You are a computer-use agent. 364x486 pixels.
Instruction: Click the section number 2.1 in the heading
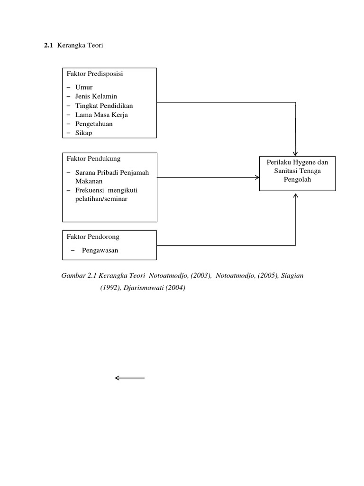(48, 45)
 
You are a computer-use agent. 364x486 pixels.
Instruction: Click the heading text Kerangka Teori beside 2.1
(80, 45)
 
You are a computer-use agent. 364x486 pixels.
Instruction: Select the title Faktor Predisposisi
(95, 74)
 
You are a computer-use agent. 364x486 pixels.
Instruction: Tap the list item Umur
(84, 87)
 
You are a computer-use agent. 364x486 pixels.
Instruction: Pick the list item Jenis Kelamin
(96, 96)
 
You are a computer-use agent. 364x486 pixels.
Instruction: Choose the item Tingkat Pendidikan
(104, 106)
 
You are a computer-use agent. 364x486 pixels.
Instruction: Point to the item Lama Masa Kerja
(101, 115)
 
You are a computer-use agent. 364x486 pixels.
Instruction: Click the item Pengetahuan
(94, 124)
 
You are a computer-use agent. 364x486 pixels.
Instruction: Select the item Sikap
(83, 133)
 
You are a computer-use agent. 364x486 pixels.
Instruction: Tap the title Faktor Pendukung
(93, 159)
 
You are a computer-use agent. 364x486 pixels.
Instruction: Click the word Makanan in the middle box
(89, 181)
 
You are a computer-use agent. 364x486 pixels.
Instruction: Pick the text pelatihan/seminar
(101, 199)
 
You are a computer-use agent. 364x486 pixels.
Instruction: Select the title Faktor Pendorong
(93, 237)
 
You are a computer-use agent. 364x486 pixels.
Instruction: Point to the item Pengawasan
(100, 251)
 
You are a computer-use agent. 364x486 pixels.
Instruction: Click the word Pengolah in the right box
(298, 179)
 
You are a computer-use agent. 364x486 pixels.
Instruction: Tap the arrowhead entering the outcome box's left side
(257, 178)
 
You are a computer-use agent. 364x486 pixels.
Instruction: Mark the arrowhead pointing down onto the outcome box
(295, 154)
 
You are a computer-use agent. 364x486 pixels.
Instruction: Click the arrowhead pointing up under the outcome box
(296, 196)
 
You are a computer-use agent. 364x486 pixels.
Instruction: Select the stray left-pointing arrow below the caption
(130, 378)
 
